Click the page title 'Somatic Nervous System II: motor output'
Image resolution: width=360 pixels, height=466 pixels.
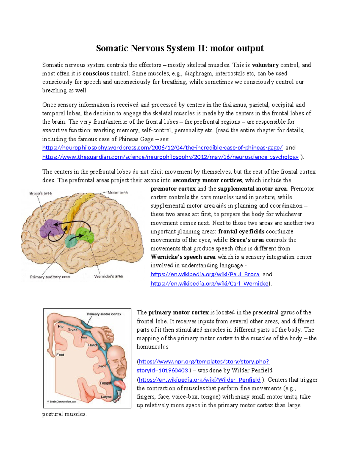180,48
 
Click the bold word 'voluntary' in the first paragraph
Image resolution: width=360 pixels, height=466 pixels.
265,65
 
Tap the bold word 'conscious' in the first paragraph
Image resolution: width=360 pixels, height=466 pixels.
96,74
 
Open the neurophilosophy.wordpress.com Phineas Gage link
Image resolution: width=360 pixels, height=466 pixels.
162,148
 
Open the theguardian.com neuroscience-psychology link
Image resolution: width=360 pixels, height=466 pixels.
170,157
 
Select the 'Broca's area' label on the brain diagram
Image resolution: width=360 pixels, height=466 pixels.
40,193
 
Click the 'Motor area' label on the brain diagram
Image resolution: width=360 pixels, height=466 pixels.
118,192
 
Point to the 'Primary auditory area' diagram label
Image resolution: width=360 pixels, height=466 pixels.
50,277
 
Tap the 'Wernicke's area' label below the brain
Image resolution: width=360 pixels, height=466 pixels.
108,276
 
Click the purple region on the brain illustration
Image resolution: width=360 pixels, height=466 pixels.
50,229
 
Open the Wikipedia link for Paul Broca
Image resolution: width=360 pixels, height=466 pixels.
205,274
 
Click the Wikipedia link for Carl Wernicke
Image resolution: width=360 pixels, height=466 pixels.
209,284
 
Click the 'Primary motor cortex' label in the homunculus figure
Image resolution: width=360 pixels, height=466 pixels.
104,314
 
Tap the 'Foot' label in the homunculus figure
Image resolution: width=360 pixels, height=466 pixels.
60,355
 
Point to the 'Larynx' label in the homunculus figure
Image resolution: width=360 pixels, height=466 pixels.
106,397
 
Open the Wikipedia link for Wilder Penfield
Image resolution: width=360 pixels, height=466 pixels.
200,380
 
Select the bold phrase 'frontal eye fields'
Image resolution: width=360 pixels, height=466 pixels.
241,232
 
